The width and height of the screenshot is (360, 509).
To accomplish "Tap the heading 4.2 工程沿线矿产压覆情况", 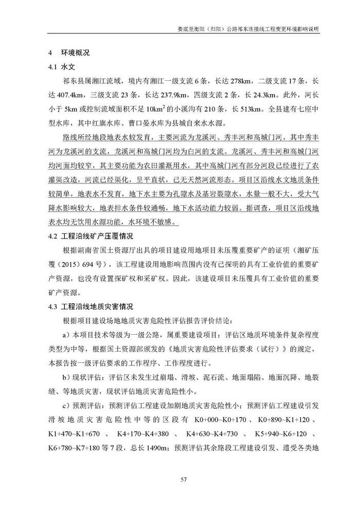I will click(x=91, y=237).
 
